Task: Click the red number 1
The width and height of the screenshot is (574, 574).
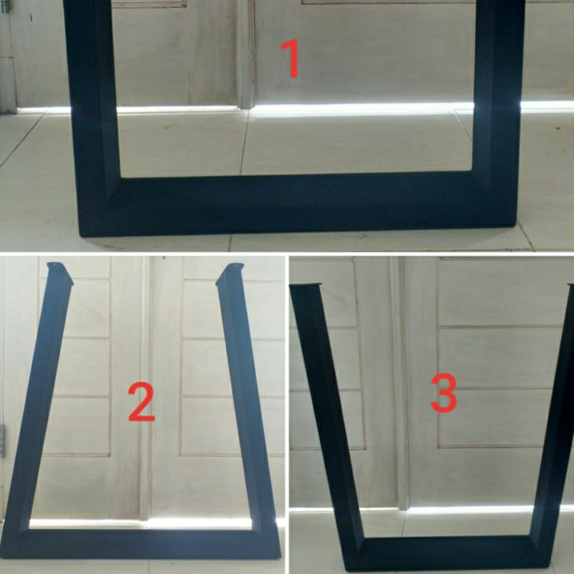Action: pyautogui.click(x=291, y=59)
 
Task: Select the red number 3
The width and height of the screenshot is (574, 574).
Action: pyautogui.click(x=443, y=393)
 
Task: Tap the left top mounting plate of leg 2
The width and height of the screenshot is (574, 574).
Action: pyautogui.click(x=59, y=272)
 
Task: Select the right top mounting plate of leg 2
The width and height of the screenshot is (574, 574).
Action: pyautogui.click(x=230, y=273)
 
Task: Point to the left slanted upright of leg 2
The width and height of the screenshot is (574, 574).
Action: pyautogui.click(x=39, y=403)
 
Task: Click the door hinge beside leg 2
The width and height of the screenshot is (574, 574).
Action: pyautogui.click(x=2, y=441)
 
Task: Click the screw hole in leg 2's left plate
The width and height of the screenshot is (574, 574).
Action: pyautogui.click(x=55, y=264)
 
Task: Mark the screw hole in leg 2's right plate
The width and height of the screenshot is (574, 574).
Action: pyautogui.click(x=240, y=265)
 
